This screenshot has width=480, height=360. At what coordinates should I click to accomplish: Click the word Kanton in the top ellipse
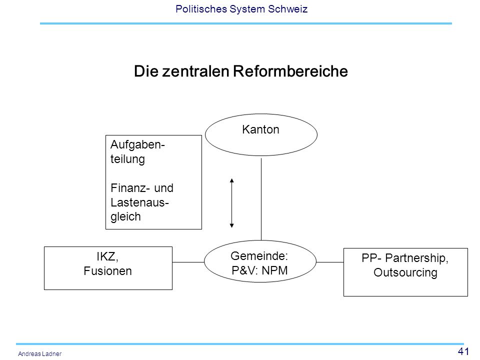(x=260, y=129)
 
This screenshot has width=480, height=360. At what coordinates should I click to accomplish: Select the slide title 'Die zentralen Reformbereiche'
(x=241, y=71)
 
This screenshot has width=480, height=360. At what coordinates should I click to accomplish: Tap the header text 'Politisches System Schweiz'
(x=241, y=9)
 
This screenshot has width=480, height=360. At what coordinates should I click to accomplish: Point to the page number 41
(x=463, y=351)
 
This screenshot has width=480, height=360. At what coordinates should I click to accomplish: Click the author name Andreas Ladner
(x=40, y=353)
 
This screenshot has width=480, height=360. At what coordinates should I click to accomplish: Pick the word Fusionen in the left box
(x=108, y=271)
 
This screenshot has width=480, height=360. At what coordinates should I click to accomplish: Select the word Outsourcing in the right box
(x=405, y=272)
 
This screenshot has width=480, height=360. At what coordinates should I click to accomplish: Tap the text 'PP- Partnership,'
(x=405, y=258)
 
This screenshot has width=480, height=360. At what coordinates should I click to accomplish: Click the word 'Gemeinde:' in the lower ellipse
(x=259, y=256)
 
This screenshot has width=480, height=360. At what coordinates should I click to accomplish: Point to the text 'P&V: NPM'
(x=259, y=270)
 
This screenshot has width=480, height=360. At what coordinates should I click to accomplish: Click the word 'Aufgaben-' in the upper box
(x=138, y=145)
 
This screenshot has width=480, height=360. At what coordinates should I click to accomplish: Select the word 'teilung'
(x=127, y=159)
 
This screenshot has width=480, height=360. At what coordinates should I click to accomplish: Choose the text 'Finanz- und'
(x=142, y=188)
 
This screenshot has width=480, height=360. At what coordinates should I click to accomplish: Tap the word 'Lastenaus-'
(x=140, y=202)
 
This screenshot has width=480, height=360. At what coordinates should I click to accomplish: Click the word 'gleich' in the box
(x=125, y=216)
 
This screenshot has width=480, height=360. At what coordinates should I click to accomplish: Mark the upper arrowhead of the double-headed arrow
(x=231, y=180)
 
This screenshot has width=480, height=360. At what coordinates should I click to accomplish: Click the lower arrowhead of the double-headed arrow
(x=231, y=226)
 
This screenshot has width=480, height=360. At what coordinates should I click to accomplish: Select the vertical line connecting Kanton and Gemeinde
(x=261, y=199)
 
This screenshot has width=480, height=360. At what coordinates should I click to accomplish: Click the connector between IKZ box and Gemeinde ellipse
(x=188, y=262)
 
